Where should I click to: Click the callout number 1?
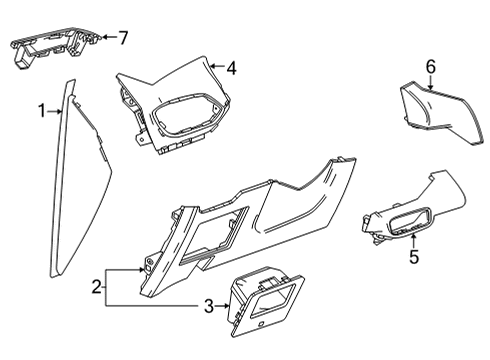click(x=42, y=112)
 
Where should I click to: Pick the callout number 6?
click(x=431, y=67)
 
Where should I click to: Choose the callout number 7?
click(x=123, y=38)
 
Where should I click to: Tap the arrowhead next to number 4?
click(x=214, y=68)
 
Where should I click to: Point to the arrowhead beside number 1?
click(x=60, y=112)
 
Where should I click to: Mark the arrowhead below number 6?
click(x=431, y=87)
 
